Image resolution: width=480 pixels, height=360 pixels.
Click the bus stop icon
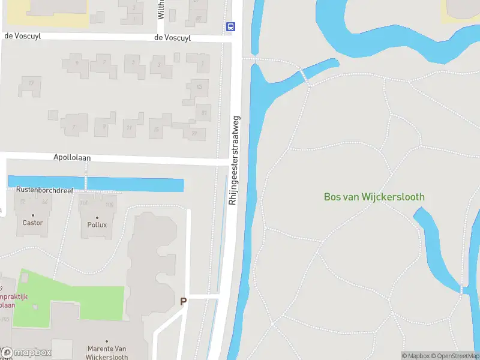pyautogui.click(x=230, y=26)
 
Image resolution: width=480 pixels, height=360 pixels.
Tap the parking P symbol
pyautogui.click(x=183, y=302)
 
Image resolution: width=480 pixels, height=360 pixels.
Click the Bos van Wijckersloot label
pyautogui.click(x=374, y=197)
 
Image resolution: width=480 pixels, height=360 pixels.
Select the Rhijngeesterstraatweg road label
pyautogui.click(x=234, y=160)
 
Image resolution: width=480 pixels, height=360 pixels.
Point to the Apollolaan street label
pyautogui.click(x=71, y=157)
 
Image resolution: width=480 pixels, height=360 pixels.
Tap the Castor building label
pyautogui.click(x=32, y=223)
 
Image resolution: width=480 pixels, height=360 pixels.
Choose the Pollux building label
pyautogui.click(x=97, y=224)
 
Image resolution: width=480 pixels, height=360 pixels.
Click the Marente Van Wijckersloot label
pyautogui.click(x=108, y=353)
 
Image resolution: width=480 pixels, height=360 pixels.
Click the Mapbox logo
pyautogui.click(x=27, y=352)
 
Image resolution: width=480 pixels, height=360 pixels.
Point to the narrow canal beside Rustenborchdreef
pyautogui.click(x=96, y=184)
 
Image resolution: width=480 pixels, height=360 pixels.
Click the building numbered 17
pyautogui.click(x=30, y=85)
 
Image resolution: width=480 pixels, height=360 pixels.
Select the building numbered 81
pyautogui.click(x=204, y=112)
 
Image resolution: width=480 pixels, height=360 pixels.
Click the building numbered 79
pyautogui.click(x=193, y=133)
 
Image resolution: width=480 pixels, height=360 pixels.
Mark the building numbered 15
pyautogui.click(x=157, y=128)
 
